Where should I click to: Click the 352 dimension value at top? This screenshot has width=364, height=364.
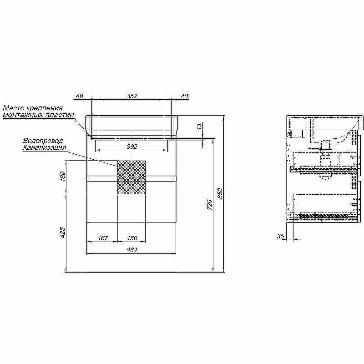click(x=132, y=96)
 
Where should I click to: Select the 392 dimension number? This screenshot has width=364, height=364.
click(x=132, y=147)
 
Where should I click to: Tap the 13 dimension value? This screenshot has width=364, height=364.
click(x=200, y=127)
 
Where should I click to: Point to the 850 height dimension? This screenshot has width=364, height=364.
click(x=220, y=193)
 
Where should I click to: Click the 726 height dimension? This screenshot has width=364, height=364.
click(x=209, y=204)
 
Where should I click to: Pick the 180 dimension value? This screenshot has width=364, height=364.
click(x=63, y=177)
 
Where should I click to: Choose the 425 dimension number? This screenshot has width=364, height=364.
click(x=63, y=233)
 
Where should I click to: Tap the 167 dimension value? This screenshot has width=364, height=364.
click(x=103, y=238)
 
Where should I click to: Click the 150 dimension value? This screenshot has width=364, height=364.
click(x=132, y=238)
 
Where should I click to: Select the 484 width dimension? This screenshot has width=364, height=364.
click(x=131, y=250)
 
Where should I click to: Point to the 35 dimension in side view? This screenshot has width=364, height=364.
click(x=280, y=236)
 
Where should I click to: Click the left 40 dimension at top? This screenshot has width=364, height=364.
click(x=79, y=96)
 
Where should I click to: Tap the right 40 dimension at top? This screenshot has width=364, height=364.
click(x=184, y=96)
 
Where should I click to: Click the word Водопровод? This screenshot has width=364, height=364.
click(x=43, y=141)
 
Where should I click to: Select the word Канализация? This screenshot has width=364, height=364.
click(x=45, y=147)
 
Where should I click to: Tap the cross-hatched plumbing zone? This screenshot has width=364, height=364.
click(x=131, y=177)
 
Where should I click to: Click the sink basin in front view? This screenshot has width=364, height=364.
click(x=132, y=123)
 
